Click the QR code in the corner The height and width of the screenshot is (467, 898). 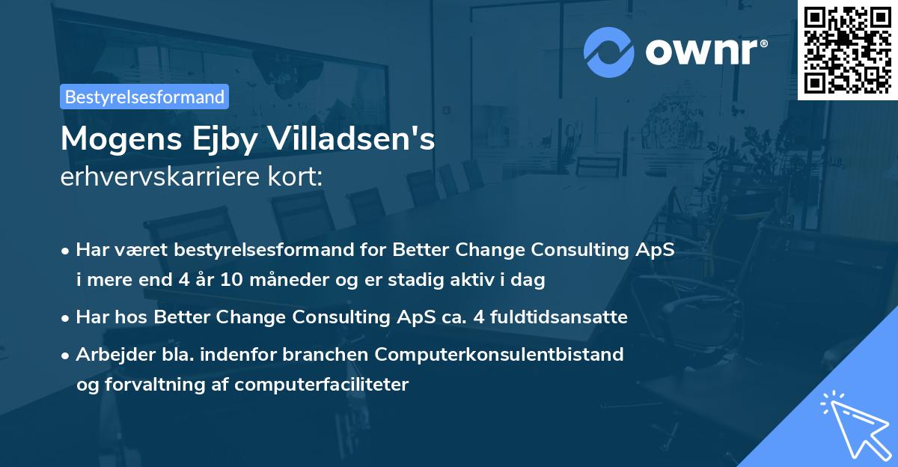coord(848,49)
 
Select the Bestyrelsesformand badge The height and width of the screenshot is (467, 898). coord(144,97)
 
